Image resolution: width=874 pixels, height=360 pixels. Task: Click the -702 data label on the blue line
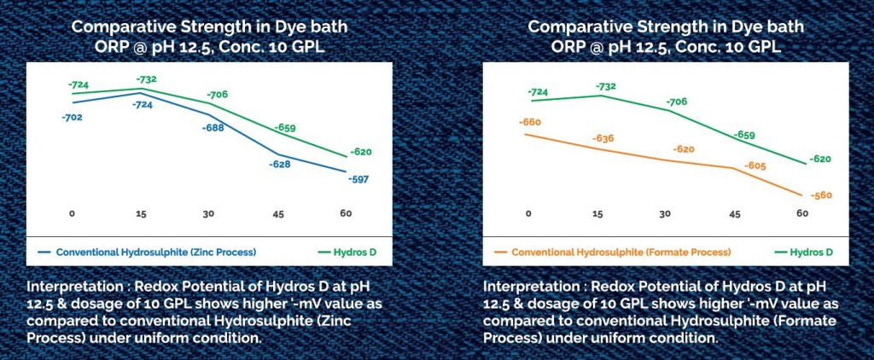(72, 116)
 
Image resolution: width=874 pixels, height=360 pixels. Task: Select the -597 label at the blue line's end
(358, 179)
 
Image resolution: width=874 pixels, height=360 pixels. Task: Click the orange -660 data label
(530, 122)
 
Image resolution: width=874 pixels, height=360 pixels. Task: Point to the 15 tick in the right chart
(601, 213)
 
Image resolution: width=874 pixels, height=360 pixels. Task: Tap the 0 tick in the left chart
(73, 212)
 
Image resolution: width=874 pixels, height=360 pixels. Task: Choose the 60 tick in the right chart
(802, 213)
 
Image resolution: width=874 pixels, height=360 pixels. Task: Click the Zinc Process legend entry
(156, 252)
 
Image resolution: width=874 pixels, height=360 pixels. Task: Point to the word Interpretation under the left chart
(68, 283)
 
